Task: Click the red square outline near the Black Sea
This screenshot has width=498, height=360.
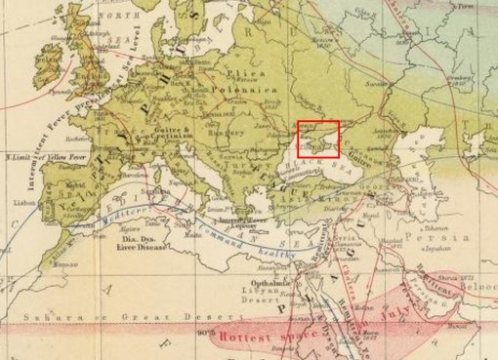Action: [x=318, y=140]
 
